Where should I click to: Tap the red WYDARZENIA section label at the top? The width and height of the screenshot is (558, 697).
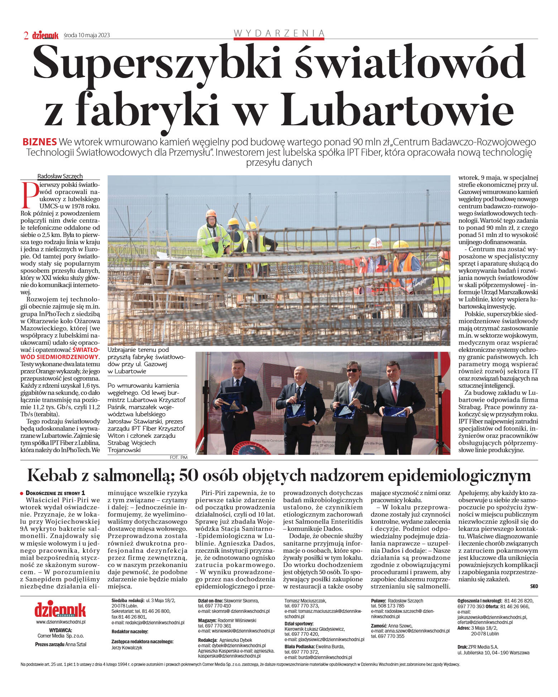(279, 33)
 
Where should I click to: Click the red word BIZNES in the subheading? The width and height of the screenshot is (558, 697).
(39, 142)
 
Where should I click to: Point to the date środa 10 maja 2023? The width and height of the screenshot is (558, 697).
(87, 35)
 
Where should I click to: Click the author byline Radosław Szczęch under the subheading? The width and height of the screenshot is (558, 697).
(60, 176)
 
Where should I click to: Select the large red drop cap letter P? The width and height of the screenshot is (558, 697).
(30, 195)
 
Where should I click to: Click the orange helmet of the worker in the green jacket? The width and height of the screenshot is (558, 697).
(211, 213)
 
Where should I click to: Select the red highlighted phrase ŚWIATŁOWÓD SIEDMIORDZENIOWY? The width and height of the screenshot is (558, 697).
(60, 353)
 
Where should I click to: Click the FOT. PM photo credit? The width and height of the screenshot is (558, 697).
(178, 457)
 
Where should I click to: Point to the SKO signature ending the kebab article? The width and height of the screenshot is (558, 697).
(534, 586)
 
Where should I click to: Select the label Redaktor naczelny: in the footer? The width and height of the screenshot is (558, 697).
(130, 632)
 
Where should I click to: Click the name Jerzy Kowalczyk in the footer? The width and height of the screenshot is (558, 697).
(127, 648)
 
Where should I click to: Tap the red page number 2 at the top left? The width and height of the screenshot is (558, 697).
(26, 35)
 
